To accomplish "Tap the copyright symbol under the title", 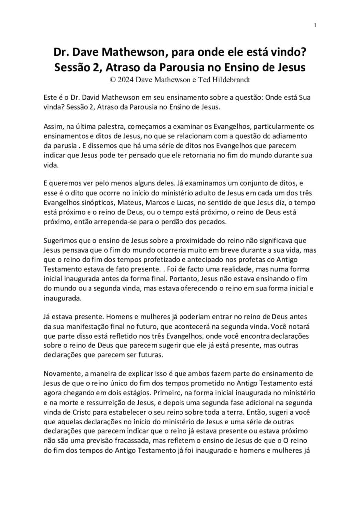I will [111, 78].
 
